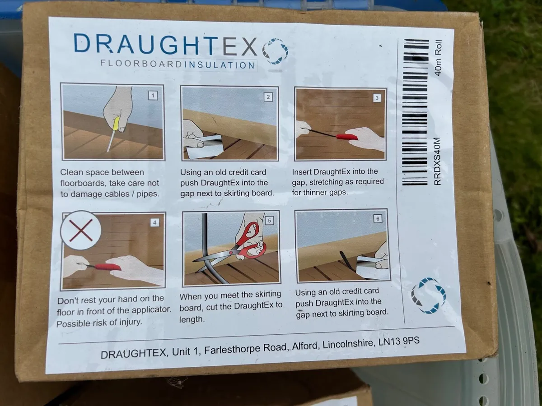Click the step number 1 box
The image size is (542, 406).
(153, 96)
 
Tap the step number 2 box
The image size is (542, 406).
(268, 97)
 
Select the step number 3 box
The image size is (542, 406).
(377, 98)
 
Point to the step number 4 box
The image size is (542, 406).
(154, 222)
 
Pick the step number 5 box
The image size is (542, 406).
(269, 221)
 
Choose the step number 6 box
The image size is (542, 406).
(378, 219)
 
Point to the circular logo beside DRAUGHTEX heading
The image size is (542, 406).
(275, 51)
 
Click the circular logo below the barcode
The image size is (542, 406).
(429, 295)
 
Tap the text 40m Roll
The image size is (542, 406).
(438, 58)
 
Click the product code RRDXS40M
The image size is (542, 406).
(437, 161)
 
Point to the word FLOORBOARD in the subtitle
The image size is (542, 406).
(141, 64)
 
